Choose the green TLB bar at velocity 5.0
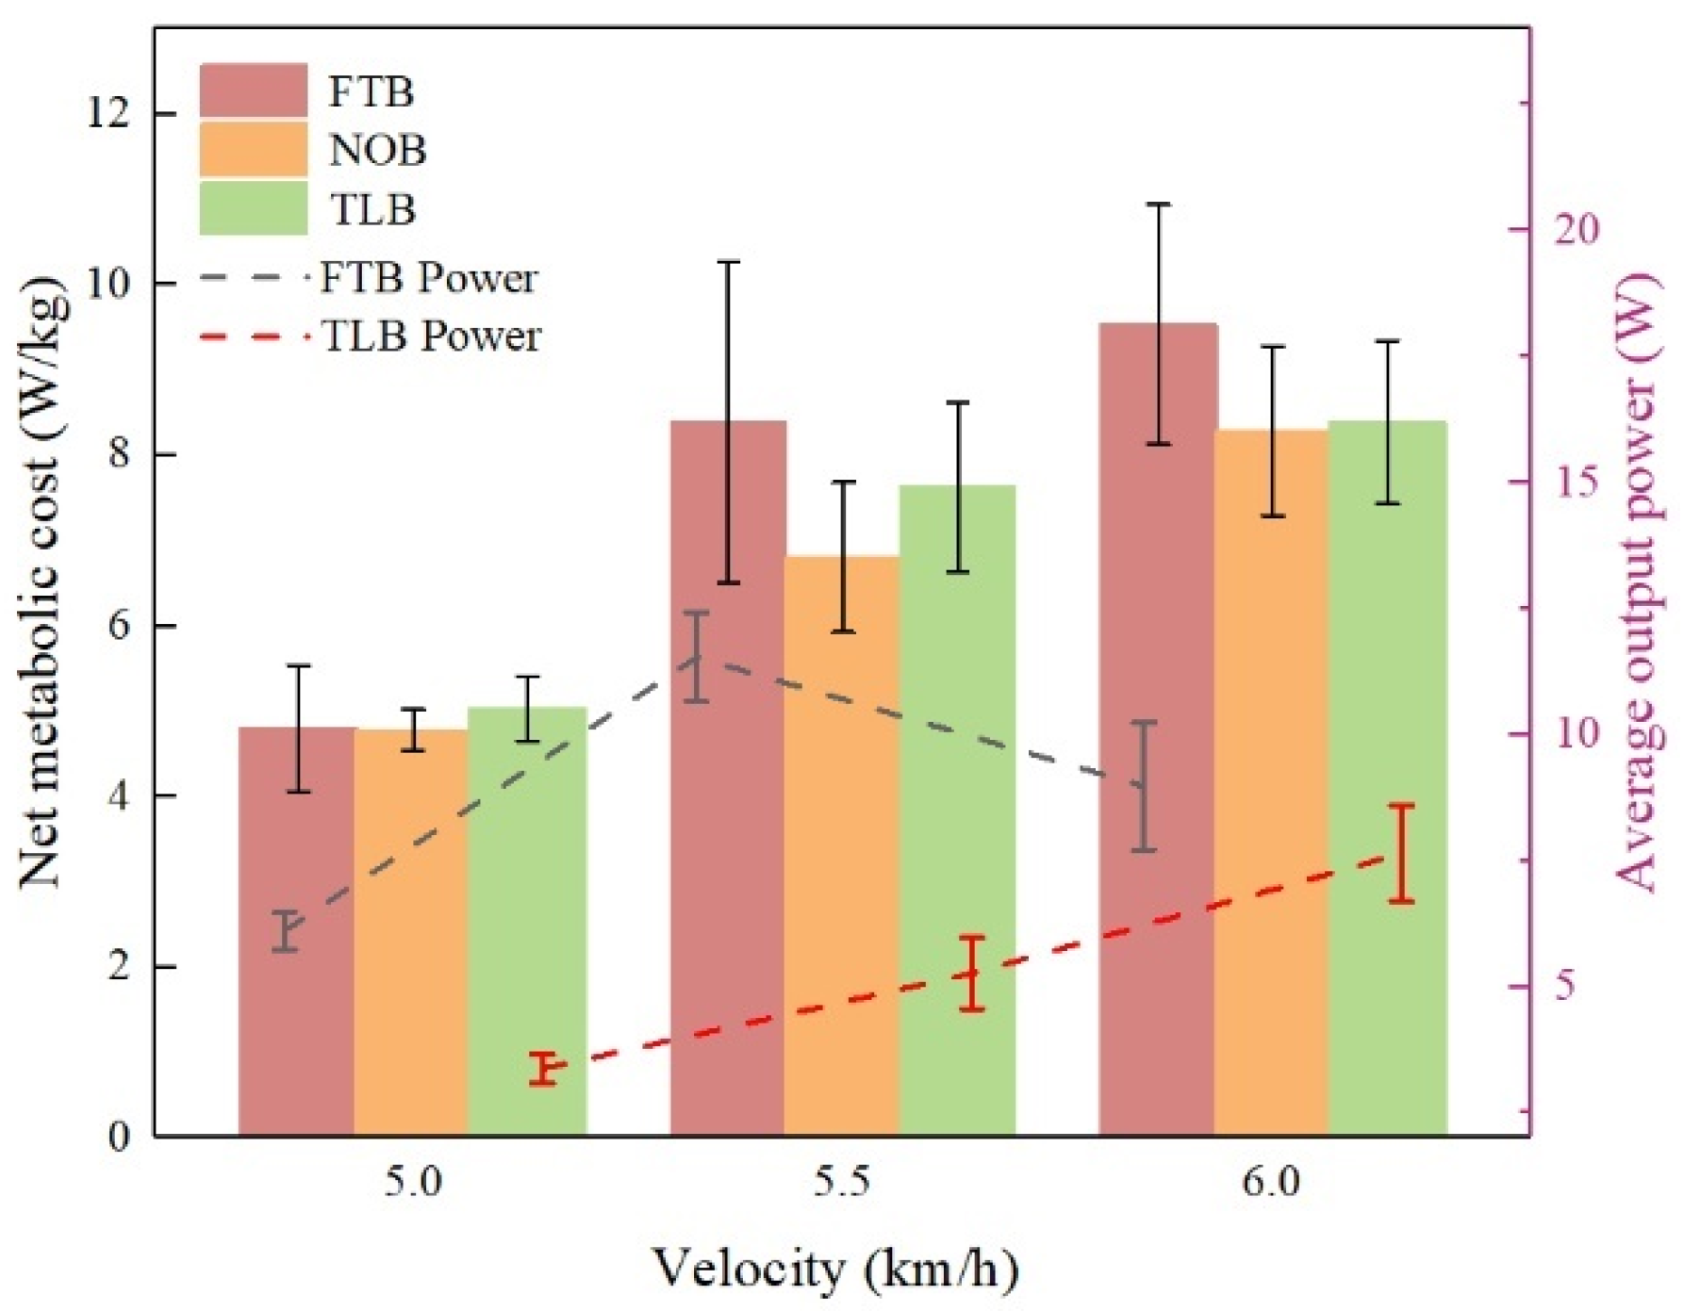pos(527,921)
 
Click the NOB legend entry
pos(313,149)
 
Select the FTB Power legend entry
pos(369,278)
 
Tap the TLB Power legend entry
pos(371,336)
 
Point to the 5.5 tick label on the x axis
pos(842,1181)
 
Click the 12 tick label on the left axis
pos(107,113)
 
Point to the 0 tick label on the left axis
pos(120,1137)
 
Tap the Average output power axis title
pos(1639,582)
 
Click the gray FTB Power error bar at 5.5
pos(697,656)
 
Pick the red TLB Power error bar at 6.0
pos(1402,853)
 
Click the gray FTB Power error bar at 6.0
pos(1144,786)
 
